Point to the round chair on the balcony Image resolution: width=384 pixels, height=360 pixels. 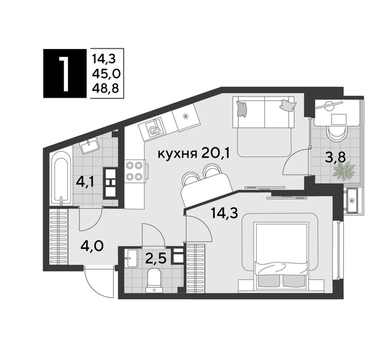336,132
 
